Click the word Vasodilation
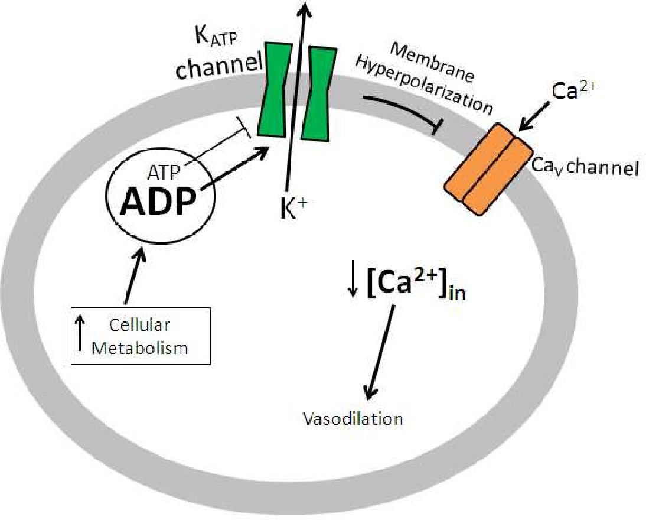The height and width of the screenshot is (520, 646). [x=353, y=419]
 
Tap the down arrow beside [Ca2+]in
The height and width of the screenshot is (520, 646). [x=353, y=283]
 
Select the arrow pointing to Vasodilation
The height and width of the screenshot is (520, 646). [x=380, y=355]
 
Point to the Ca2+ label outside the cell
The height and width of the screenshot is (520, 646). [x=571, y=91]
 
